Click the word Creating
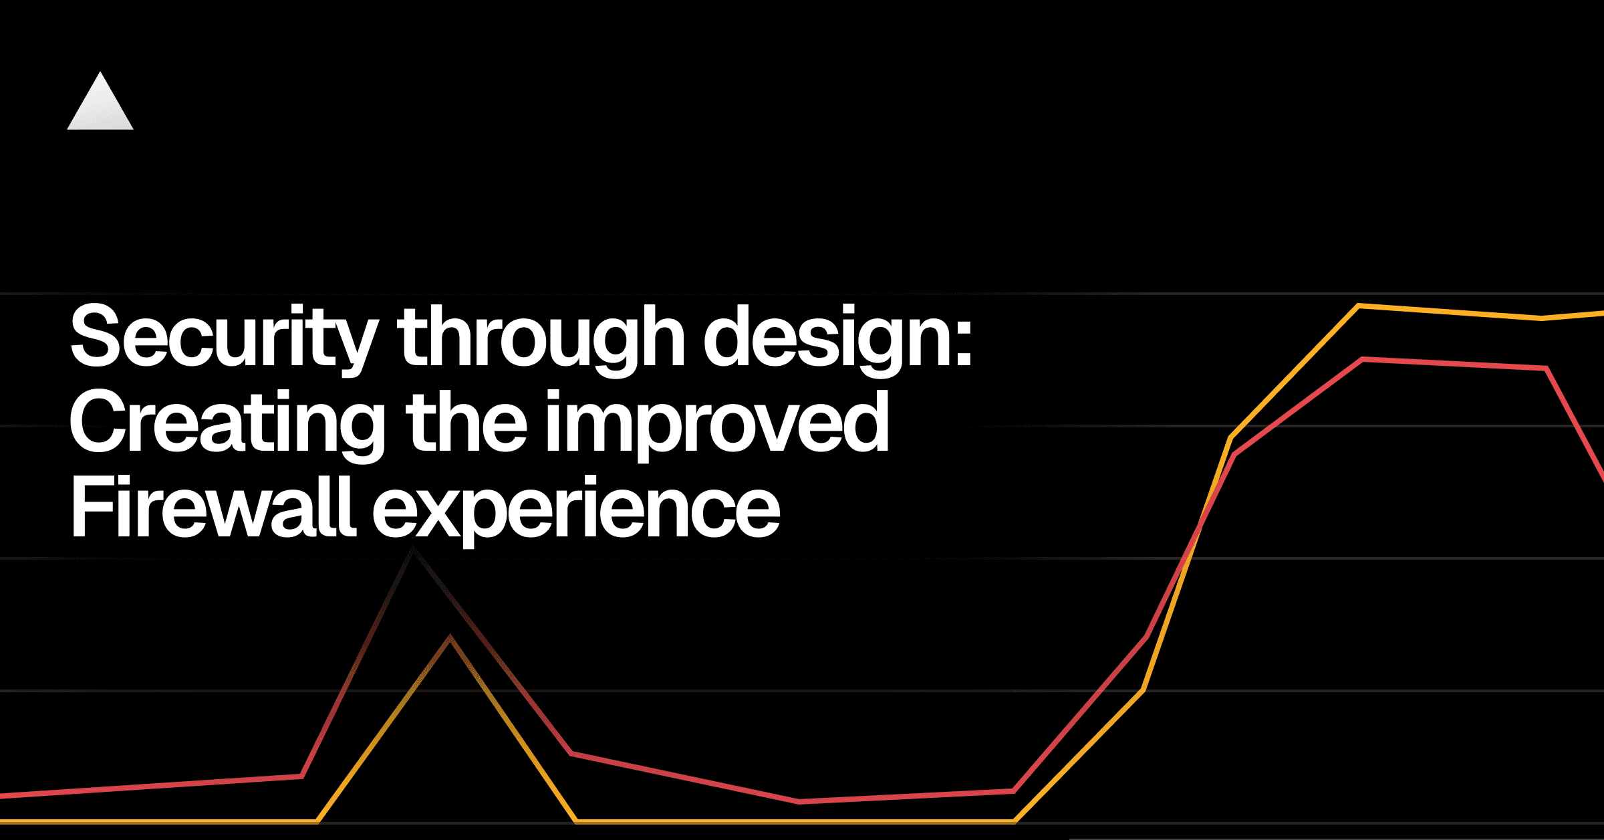coord(228,423)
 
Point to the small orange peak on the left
coord(450,637)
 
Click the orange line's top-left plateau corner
coord(1358,306)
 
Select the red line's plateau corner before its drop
coord(1546,368)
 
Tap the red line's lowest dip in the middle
coord(799,801)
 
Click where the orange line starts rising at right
coord(1015,821)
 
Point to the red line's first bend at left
coord(302,776)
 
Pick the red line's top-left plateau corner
coord(1362,360)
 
